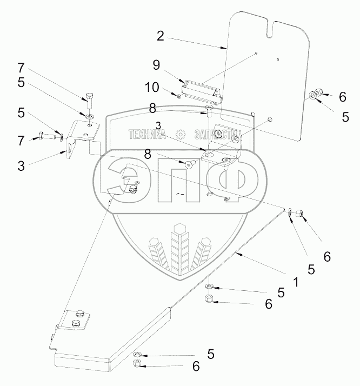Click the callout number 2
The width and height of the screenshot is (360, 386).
[x=160, y=36]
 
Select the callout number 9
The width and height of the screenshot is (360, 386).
[x=156, y=65]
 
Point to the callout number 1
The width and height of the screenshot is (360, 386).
[x=295, y=282]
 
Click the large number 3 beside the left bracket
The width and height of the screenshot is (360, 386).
[x=21, y=166]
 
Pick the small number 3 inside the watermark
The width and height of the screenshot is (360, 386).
[x=158, y=125]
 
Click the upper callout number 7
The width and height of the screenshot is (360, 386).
[x=21, y=68]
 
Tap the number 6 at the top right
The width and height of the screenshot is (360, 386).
[x=342, y=97]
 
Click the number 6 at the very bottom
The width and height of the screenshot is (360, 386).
[x=195, y=366]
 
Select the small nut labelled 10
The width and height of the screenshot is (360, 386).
[x=179, y=96]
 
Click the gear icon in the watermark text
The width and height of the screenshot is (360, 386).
[x=181, y=135]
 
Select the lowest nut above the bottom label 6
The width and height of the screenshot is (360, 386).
[x=137, y=362]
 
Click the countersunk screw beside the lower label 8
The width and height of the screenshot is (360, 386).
[x=189, y=164]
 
